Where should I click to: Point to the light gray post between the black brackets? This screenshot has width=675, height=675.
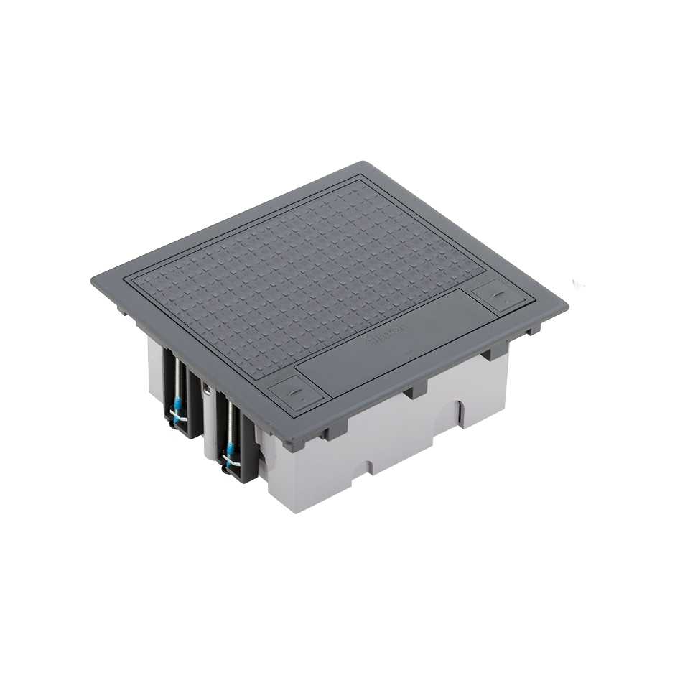coord(208,424)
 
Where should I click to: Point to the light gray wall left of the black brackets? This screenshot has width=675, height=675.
coord(155,373)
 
